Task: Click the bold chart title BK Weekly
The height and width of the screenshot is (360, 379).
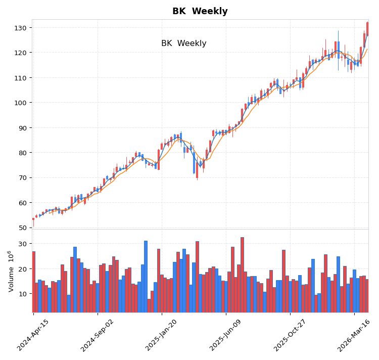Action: point(200,11)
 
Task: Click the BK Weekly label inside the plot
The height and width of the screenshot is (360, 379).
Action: point(183,43)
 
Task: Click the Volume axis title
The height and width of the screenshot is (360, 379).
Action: point(11,271)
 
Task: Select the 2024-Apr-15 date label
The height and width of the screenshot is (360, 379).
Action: point(33,335)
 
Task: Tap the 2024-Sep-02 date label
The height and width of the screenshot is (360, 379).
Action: point(98,335)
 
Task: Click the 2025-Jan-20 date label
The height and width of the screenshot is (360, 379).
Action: point(162,335)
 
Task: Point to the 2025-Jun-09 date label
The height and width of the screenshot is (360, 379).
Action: point(226,335)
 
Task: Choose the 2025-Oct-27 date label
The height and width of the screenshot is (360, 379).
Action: point(290,335)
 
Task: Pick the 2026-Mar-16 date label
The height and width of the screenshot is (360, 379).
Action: point(354,335)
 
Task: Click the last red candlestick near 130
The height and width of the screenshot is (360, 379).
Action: point(367,29)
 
